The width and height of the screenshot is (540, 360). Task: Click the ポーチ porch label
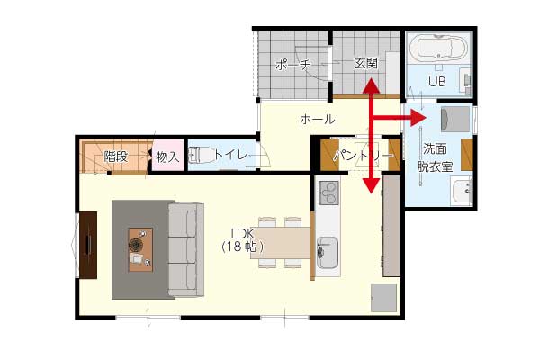[293, 65]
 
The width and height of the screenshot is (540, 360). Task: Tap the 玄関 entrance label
[365, 63]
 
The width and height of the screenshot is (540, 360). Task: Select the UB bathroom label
[437, 81]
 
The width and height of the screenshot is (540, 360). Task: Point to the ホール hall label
[317, 120]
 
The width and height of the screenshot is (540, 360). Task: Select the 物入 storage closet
[167, 155]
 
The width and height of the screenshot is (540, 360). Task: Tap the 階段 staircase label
[116, 157]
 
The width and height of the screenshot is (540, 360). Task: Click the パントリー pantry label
[363, 156]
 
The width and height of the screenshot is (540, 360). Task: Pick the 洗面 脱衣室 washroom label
[435, 158]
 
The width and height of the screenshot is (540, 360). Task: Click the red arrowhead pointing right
[418, 118]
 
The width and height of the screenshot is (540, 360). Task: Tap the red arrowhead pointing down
[371, 185]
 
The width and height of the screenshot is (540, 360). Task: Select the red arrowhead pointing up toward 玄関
[371, 85]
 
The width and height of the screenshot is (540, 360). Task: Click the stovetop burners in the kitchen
[328, 193]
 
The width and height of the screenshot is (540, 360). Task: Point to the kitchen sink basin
[328, 253]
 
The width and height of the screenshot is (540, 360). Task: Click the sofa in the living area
[186, 250]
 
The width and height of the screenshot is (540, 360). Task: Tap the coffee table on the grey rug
[140, 250]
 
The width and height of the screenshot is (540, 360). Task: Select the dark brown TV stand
[88, 246]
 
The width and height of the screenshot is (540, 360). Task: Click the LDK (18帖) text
[242, 240]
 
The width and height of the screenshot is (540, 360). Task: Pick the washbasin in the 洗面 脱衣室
[461, 192]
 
